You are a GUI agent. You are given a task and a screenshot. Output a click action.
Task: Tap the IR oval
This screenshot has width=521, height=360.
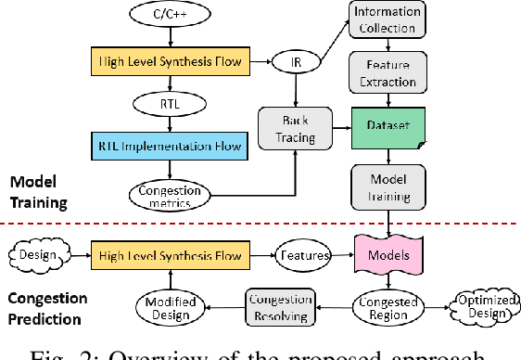coord(295,63)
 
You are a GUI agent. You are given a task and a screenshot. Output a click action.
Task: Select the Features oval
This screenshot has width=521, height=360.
coord(295,251)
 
